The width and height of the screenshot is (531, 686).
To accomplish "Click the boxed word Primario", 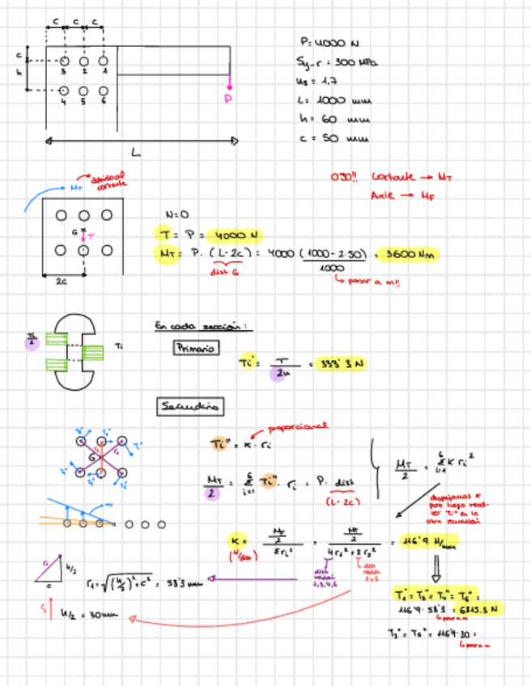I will point(194,348).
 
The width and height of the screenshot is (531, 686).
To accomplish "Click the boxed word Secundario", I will point(190,406).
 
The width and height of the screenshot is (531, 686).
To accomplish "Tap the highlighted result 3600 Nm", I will point(407,255).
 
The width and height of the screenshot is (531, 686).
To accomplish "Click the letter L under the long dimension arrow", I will point(135,151).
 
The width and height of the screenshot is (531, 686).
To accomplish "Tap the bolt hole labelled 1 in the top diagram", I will point(103,61).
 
